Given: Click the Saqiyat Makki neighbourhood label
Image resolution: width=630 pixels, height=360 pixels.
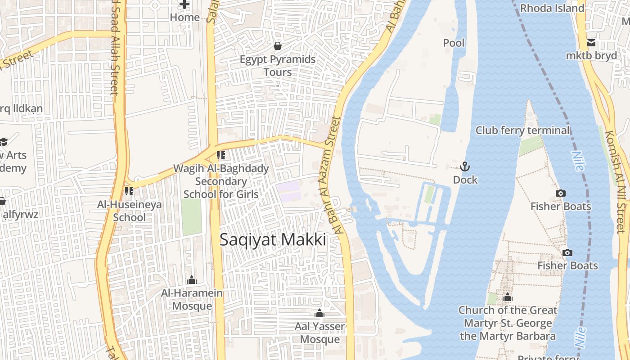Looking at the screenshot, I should (273, 240).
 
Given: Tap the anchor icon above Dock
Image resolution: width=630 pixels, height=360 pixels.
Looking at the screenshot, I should (465, 167).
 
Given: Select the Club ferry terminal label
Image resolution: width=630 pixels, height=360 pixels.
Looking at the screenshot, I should (522, 130).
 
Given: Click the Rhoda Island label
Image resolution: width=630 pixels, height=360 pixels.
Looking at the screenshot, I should (552, 8).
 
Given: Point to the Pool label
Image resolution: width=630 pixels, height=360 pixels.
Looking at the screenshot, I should (454, 43).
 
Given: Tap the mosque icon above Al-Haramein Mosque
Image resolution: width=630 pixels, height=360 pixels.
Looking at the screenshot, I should (192, 280).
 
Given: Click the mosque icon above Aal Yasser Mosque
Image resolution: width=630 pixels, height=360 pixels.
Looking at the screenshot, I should (319, 313).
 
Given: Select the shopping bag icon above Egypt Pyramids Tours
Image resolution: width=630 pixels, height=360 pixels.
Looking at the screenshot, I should (278, 46).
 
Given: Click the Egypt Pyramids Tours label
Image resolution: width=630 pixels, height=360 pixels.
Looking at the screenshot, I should (278, 66).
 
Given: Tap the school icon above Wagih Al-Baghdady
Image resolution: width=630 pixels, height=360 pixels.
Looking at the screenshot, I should (220, 156).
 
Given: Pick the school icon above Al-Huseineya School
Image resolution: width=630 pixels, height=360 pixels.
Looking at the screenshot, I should (129, 191).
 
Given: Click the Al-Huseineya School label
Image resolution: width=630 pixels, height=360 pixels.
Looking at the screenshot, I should (129, 211).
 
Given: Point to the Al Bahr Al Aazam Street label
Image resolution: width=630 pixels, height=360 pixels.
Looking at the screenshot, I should (331, 175).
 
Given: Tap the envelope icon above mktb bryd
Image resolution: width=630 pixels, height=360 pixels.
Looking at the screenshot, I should (591, 43).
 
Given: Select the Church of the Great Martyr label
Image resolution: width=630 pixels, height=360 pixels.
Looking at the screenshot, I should (508, 323).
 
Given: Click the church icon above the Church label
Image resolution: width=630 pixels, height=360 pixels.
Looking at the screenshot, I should (508, 297).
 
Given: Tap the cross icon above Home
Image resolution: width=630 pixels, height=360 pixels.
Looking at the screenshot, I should (184, 4).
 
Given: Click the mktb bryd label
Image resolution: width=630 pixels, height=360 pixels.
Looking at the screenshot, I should (591, 56).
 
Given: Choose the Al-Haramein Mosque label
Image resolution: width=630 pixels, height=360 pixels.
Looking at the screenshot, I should (192, 300).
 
